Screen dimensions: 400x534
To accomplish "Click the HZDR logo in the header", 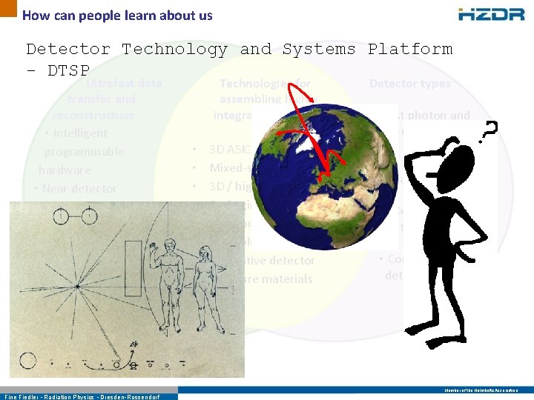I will pos(492,14).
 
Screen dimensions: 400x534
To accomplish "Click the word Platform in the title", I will pos(409,50).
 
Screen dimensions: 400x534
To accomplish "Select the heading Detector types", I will pos(409,84).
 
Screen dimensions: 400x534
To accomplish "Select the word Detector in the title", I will pos(67,50).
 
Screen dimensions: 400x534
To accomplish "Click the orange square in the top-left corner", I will pos(7,7).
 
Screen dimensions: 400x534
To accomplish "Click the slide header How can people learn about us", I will pos(117,15).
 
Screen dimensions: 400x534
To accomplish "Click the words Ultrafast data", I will pos(124,84).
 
